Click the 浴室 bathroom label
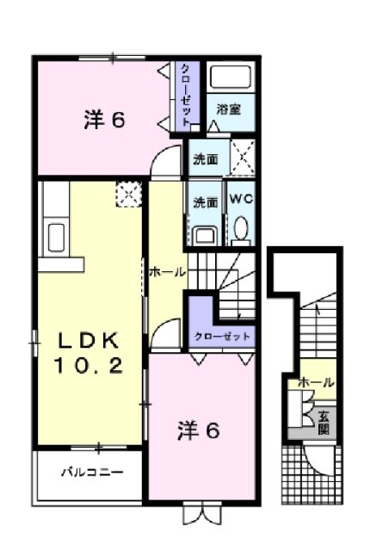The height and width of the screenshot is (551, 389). click(228, 109)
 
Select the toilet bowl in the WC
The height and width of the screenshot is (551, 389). click(240, 230)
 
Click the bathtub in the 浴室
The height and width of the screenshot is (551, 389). click(228, 79)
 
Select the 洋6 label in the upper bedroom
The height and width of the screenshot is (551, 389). click(105, 120)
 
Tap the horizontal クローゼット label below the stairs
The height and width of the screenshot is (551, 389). click(223, 336)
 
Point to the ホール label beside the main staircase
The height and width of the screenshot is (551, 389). click(167, 272)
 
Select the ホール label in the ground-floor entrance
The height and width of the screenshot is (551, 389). click(316, 383)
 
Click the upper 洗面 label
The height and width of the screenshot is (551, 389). click(205, 158)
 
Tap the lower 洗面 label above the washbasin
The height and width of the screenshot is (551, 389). click(205, 202)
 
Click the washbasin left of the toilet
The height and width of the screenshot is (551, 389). click(205, 234)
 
